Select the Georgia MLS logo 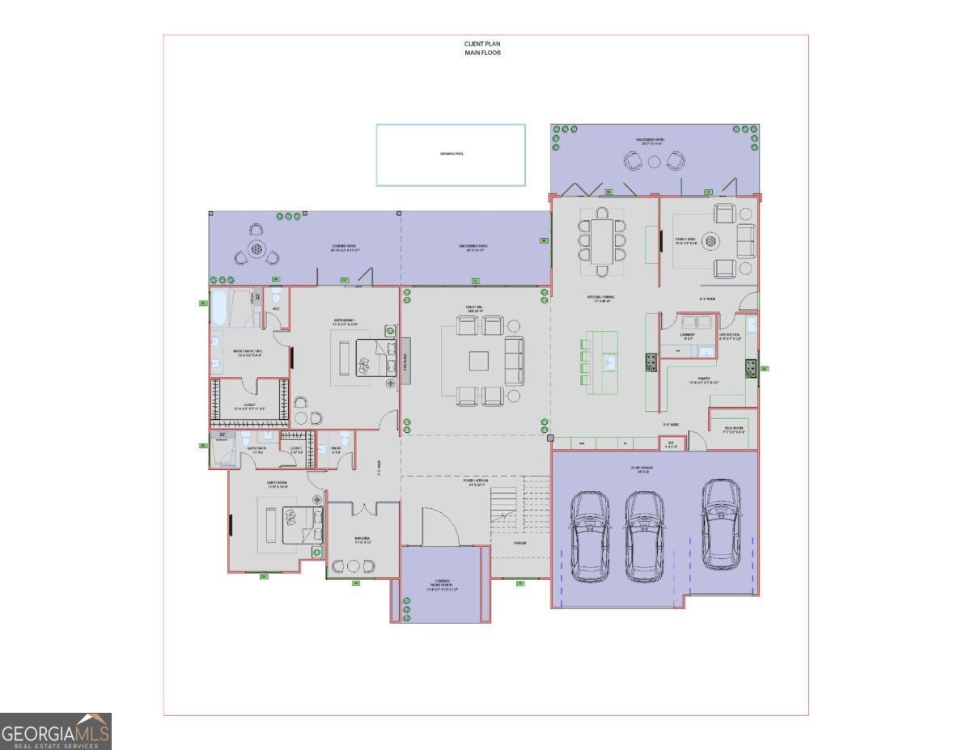(55, 731)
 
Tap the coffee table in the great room (478, 360)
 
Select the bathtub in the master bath (220, 308)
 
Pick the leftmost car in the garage (589, 535)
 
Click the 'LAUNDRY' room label (688, 333)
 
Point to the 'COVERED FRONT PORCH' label (441, 585)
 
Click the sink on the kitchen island (609, 361)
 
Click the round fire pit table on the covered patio (257, 248)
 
